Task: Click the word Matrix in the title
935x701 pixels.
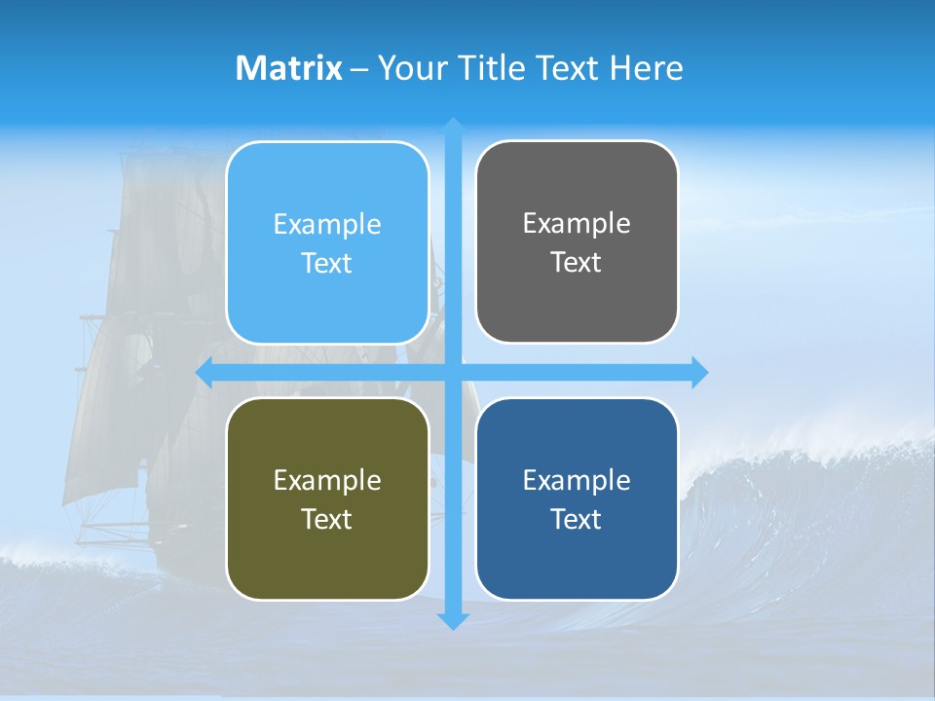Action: [x=289, y=68]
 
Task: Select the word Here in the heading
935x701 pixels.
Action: [x=647, y=68]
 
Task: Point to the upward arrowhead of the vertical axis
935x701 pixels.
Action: [x=453, y=127]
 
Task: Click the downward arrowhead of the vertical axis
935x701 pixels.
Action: [x=453, y=620]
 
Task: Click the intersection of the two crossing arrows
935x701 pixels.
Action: [x=453, y=372]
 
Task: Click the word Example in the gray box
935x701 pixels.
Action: [x=577, y=224]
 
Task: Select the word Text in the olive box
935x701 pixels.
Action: [x=327, y=519]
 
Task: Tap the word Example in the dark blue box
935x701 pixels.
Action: [x=577, y=480]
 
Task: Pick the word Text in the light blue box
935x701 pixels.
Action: [x=327, y=263]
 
